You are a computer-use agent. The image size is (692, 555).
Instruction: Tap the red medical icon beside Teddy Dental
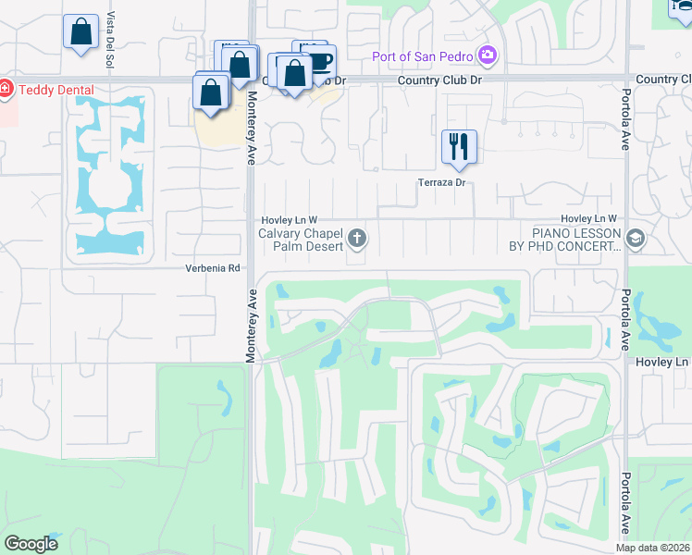[x=5, y=90]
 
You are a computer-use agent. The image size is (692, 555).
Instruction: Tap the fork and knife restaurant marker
[x=459, y=146]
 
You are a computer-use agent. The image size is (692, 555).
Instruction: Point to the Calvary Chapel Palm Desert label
[x=302, y=241]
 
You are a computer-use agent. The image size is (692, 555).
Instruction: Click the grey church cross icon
[x=357, y=241]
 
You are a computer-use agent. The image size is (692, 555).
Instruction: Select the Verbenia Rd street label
[x=216, y=269]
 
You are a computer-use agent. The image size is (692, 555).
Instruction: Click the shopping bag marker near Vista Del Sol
[x=80, y=31]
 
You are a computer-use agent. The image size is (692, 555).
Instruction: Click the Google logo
[x=31, y=544]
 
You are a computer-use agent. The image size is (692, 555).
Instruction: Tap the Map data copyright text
[x=653, y=548]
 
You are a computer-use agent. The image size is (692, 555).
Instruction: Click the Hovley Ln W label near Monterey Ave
[x=289, y=218]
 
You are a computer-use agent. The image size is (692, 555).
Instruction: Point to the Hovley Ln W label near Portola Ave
[x=588, y=218]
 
